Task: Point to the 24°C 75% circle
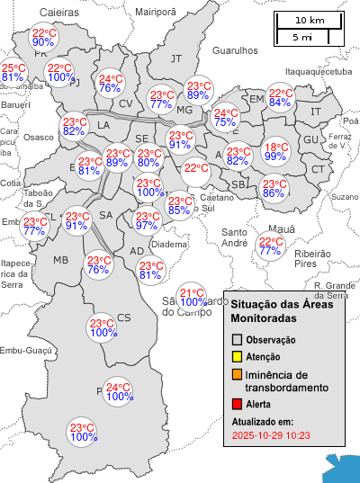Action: tap(226, 118)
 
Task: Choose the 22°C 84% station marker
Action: tap(281, 98)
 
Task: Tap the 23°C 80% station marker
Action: tap(148, 157)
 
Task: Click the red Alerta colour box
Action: tap(238, 405)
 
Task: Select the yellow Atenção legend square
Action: tap(238, 357)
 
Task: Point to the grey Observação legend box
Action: tap(238, 340)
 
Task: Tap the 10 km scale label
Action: tap(310, 20)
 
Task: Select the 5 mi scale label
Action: tap(302, 37)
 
